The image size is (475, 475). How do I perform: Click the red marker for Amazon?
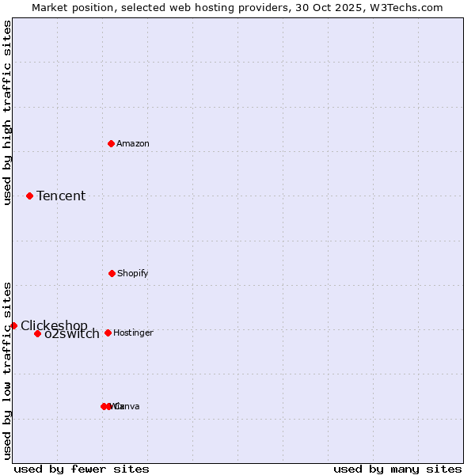112,143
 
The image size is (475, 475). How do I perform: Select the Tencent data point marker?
30,196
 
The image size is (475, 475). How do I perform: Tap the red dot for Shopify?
112,273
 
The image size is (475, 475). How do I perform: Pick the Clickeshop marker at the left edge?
13,325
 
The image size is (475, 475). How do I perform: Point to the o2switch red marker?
37,333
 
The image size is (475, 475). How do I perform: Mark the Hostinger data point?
108,332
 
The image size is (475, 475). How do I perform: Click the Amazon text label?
133,143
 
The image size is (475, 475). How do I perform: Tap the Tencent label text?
61,196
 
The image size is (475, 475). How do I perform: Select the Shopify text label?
133,273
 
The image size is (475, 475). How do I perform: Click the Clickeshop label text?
54,325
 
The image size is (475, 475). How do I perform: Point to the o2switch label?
72,334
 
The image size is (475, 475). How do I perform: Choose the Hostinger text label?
133,332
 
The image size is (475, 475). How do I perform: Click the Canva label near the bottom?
127,406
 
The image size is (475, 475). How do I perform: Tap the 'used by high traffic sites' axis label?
7,112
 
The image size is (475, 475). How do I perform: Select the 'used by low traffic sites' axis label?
7,370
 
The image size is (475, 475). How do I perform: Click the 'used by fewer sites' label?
82,469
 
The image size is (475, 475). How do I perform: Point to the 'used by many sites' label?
397,469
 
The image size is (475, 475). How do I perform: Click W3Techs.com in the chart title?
408,7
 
